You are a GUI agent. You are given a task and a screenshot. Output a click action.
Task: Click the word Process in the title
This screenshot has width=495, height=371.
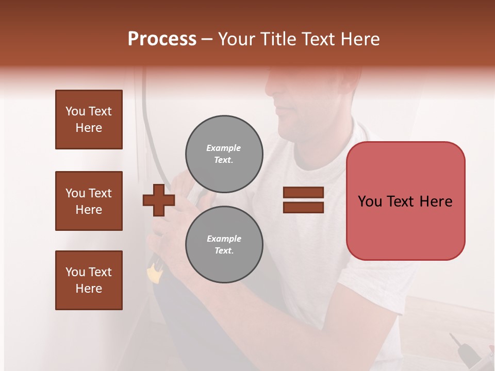coord(162,39)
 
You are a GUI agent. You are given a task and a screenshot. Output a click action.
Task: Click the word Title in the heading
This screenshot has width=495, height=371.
coord(278,39)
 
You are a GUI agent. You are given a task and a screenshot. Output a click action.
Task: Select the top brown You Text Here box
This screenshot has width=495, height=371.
coord(89,120)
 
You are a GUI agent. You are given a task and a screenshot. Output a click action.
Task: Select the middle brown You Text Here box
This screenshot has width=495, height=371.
coord(89,201)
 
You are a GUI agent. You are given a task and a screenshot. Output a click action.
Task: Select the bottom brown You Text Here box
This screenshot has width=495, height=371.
coord(89,280)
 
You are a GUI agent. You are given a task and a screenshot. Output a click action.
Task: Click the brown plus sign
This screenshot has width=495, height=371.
coord(158,200)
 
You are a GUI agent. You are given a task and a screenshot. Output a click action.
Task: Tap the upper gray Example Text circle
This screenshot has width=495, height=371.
coord(224,154)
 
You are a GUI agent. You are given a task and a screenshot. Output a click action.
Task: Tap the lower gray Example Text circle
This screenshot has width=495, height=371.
coord(224,244)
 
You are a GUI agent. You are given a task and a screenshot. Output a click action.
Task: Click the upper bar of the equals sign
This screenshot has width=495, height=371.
coord(303,192)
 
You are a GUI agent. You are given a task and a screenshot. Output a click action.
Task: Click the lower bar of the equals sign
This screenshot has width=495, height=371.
coord(303,207)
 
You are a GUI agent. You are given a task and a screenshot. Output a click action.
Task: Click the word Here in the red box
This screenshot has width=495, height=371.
coord(436,201)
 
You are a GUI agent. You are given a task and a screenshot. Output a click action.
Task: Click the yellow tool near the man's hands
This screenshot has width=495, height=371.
coord(153,274)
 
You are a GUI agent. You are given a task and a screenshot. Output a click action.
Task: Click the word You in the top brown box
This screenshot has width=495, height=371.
coord(75,111)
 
